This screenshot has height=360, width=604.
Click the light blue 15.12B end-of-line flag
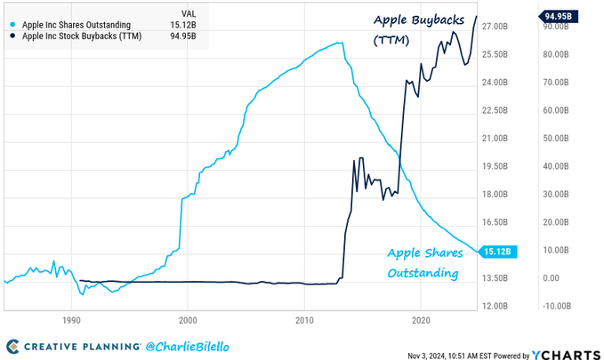coord(495,252)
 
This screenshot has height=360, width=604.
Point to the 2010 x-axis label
coord(305,318)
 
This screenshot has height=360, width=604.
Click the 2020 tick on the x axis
coord(422,318)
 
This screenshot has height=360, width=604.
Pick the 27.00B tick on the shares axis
coord(495,27)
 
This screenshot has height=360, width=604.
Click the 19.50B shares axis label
coord(495,166)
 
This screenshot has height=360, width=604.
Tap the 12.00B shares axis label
coord(495,306)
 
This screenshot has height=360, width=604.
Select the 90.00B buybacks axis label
coord(558,27)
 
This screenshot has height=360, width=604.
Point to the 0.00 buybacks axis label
coord(552,278)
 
